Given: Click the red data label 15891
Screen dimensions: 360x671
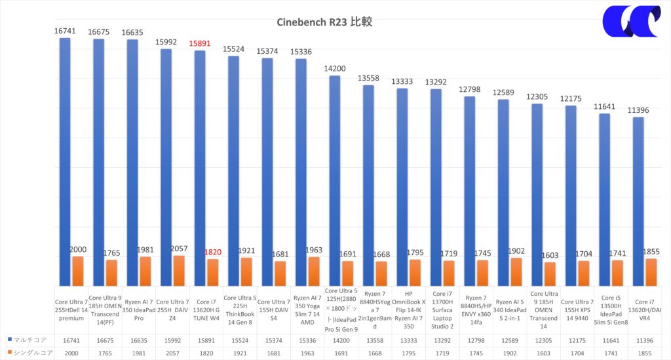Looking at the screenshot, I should (x=201, y=43).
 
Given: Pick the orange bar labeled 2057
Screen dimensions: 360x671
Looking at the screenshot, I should (x=179, y=270).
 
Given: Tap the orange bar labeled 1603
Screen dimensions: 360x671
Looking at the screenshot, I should (x=550, y=273).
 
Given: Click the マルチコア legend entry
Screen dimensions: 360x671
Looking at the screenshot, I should (x=26, y=340).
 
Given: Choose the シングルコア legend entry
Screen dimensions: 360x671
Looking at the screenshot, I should (x=28, y=353).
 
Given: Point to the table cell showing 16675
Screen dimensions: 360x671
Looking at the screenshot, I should (x=104, y=340).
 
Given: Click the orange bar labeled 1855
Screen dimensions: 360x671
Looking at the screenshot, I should (x=651, y=271).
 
